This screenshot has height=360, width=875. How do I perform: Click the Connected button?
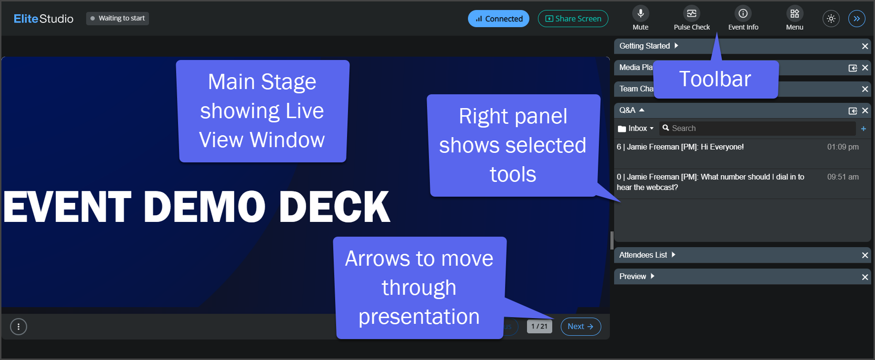[x=498, y=19]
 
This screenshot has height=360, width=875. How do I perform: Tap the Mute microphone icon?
[x=641, y=13]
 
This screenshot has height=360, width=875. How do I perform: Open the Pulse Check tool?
[x=692, y=13]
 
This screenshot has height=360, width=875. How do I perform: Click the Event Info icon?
[x=743, y=13]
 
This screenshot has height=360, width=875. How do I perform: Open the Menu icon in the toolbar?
[x=795, y=13]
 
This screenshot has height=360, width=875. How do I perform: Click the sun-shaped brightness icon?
[x=831, y=19]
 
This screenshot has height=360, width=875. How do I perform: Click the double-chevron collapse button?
[x=857, y=19]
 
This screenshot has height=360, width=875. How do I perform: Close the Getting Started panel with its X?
[x=865, y=46]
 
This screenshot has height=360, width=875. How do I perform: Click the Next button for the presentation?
[x=581, y=327]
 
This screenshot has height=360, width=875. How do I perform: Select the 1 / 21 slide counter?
[x=539, y=327]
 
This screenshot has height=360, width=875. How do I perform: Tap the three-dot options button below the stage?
[x=19, y=327]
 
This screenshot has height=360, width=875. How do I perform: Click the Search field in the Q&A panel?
[x=757, y=128]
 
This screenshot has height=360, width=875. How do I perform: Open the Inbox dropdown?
[x=636, y=129]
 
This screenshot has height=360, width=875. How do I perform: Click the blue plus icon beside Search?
[x=864, y=129]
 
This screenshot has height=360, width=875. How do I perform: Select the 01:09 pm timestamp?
[x=843, y=147]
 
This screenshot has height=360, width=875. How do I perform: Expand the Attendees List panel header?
[x=647, y=255]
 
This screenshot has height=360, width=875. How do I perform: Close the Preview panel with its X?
[x=865, y=277]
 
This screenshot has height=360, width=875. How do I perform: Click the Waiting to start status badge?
[x=118, y=19]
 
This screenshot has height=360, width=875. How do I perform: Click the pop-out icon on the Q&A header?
[x=853, y=111]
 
